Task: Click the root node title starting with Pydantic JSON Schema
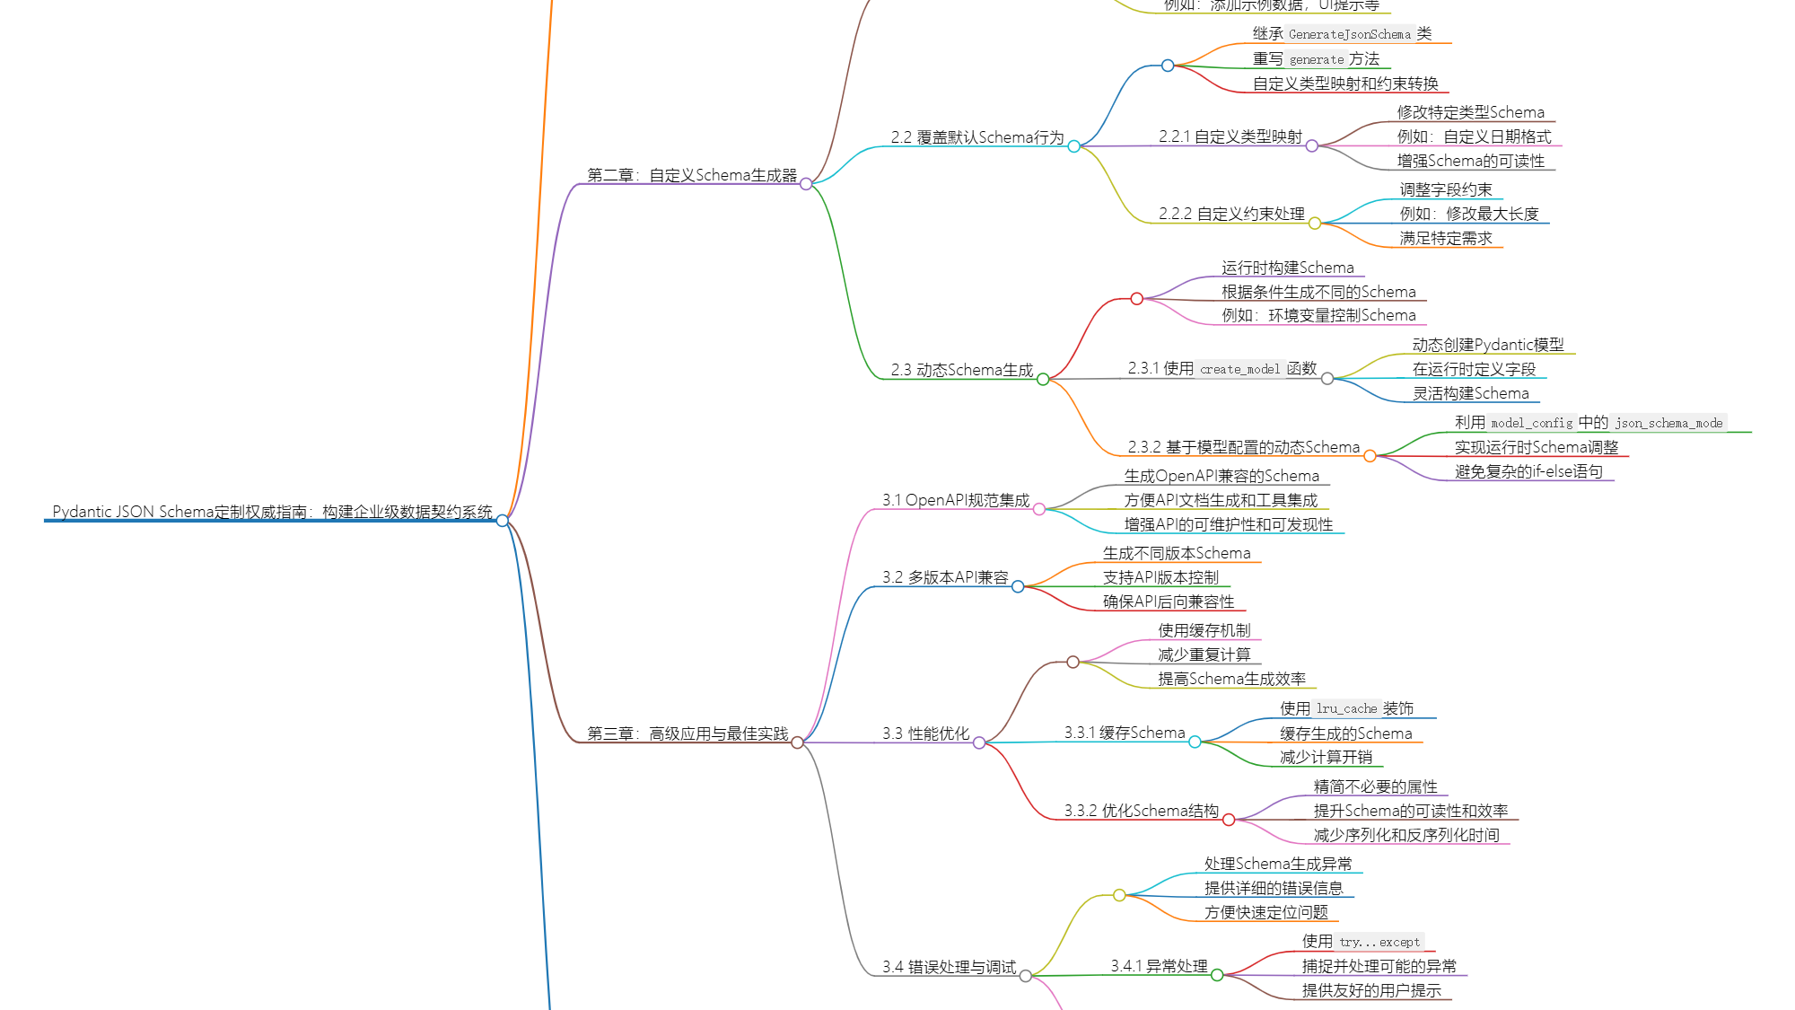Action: (272, 512)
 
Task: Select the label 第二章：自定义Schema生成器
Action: (691, 175)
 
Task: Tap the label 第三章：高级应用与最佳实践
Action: (687, 733)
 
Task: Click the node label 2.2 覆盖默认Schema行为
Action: (976, 137)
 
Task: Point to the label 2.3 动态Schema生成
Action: (961, 370)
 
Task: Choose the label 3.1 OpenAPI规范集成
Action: (956, 500)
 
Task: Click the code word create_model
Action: (1239, 369)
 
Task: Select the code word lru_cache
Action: (1346, 708)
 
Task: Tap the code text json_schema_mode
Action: (1668, 423)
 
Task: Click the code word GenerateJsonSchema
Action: (1349, 34)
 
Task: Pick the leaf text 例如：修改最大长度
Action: (1469, 214)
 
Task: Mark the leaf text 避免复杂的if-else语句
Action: (1528, 471)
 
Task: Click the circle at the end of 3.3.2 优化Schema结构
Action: (1229, 820)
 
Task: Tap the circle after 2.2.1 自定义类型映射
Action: (1312, 145)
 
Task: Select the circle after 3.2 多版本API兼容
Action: (1018, 586)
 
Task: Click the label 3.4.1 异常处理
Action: (1159, 966)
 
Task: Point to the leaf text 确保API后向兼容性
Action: (1169, 602)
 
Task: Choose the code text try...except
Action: (1379, 942)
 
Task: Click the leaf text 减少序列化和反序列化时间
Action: (1406, 835)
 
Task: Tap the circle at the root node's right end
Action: (503, 521)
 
